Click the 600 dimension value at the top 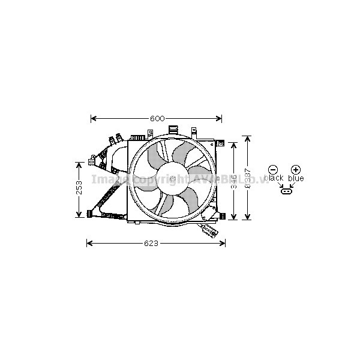tap(157, 118)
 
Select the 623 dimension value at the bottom tap(151, 243)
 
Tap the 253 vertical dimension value tap(79, 189)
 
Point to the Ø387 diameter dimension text tap(247, 177)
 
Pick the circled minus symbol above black tap(274, 170)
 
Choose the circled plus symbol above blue tap(295, 170)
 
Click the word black tap(274, 178)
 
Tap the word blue tap(296, 178)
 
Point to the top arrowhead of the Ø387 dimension tap(247, 138)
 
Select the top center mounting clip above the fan tap(173, 129)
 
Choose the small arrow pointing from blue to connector tap(291, 185)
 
